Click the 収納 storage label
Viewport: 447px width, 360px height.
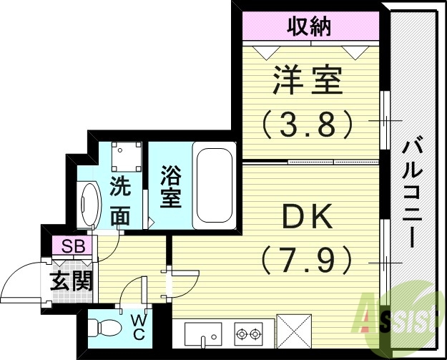[x=309, y=28]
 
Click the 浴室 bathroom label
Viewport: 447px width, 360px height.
[x=170, y=187]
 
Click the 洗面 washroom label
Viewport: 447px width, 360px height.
[x=119, y=203]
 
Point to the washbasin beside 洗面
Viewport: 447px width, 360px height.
[x=89, y=205]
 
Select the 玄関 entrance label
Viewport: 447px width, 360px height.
[x=72, y=281]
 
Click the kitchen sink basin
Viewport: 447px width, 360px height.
[x=203, y=334]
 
